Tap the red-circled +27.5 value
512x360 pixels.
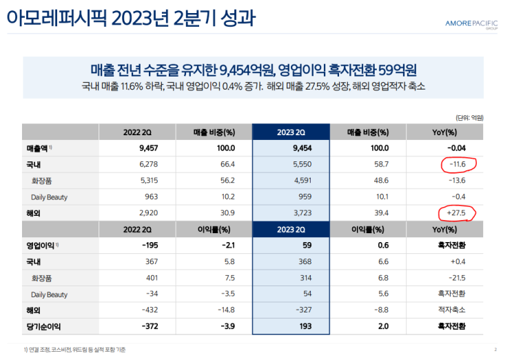click(456, 213)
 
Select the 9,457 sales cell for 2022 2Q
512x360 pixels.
click(139, 148)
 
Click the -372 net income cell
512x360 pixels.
click(139, 326)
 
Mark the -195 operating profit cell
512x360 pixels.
click(139, 246)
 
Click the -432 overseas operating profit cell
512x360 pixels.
click(139, 310)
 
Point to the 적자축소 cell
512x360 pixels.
click(454, 310)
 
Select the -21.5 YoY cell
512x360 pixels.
click(455, 278)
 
